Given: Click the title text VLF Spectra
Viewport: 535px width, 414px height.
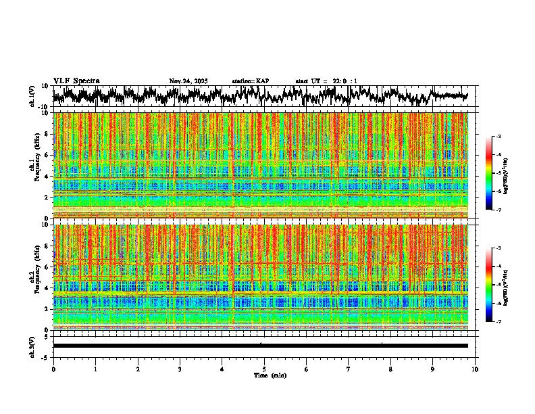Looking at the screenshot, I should (x=76, y=80).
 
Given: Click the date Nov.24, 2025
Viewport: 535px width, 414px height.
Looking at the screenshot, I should (x=188, y=81).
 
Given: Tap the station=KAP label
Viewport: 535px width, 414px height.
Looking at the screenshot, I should (x=251, y=81).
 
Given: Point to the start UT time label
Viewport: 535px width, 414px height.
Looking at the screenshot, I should (x=326, y=81).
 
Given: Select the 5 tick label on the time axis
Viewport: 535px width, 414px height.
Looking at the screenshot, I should (x=264, y=369).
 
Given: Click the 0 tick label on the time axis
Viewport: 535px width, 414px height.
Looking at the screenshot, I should (x=53, y=369).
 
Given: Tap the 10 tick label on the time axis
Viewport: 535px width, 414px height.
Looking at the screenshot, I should (x=475, y=369).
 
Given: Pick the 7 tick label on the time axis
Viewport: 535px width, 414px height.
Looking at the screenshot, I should (x=349, y=369).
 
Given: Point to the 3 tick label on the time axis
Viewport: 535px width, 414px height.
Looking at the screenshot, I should (x=180, y=369).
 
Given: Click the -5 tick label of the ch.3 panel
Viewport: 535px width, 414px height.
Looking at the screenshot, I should (x=45, y=356).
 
